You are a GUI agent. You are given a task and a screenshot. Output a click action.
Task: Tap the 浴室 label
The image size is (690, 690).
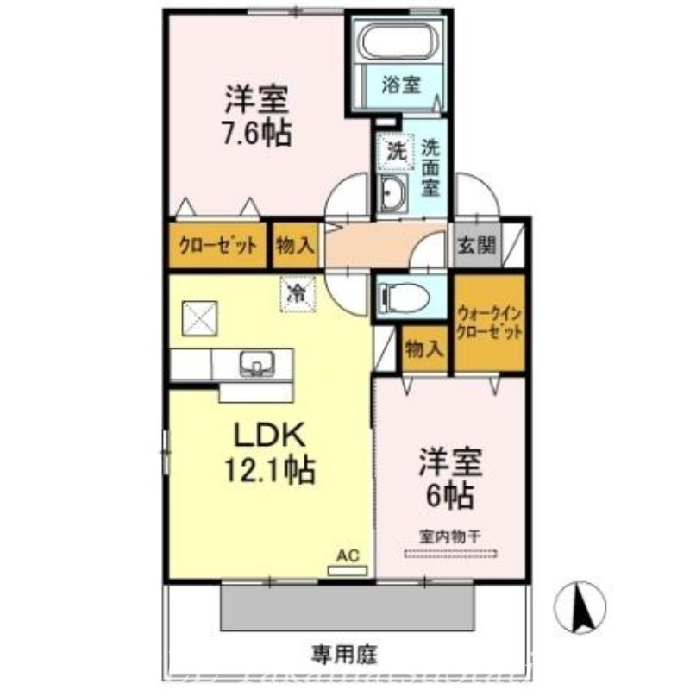click(402, 85)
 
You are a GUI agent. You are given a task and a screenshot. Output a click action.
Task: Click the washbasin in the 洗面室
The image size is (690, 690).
click(394, 194)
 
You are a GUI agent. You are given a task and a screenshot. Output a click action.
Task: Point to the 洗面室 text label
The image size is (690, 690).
click(430, 166)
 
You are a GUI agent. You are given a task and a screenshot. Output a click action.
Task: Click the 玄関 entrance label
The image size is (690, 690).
click(475, 246)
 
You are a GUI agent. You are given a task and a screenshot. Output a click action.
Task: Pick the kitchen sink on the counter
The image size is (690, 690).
click(256, 363)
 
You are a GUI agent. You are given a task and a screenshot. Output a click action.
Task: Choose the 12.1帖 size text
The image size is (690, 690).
click(270, 470)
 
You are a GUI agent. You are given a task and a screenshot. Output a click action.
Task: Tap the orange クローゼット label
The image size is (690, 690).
click(218, 246)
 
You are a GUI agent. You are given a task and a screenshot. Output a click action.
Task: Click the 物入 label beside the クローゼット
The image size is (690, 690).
click(295, 246)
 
